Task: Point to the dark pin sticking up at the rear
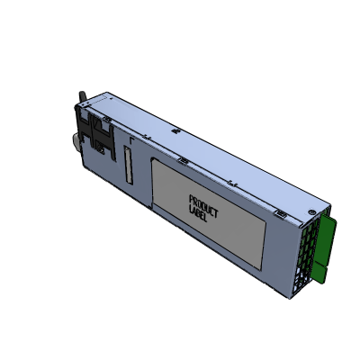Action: (x=78, y=96)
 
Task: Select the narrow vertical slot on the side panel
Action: (x=128, y=168)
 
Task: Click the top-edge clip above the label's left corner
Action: (x=182, y=162)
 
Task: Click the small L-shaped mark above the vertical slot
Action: (x=132, y=141)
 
